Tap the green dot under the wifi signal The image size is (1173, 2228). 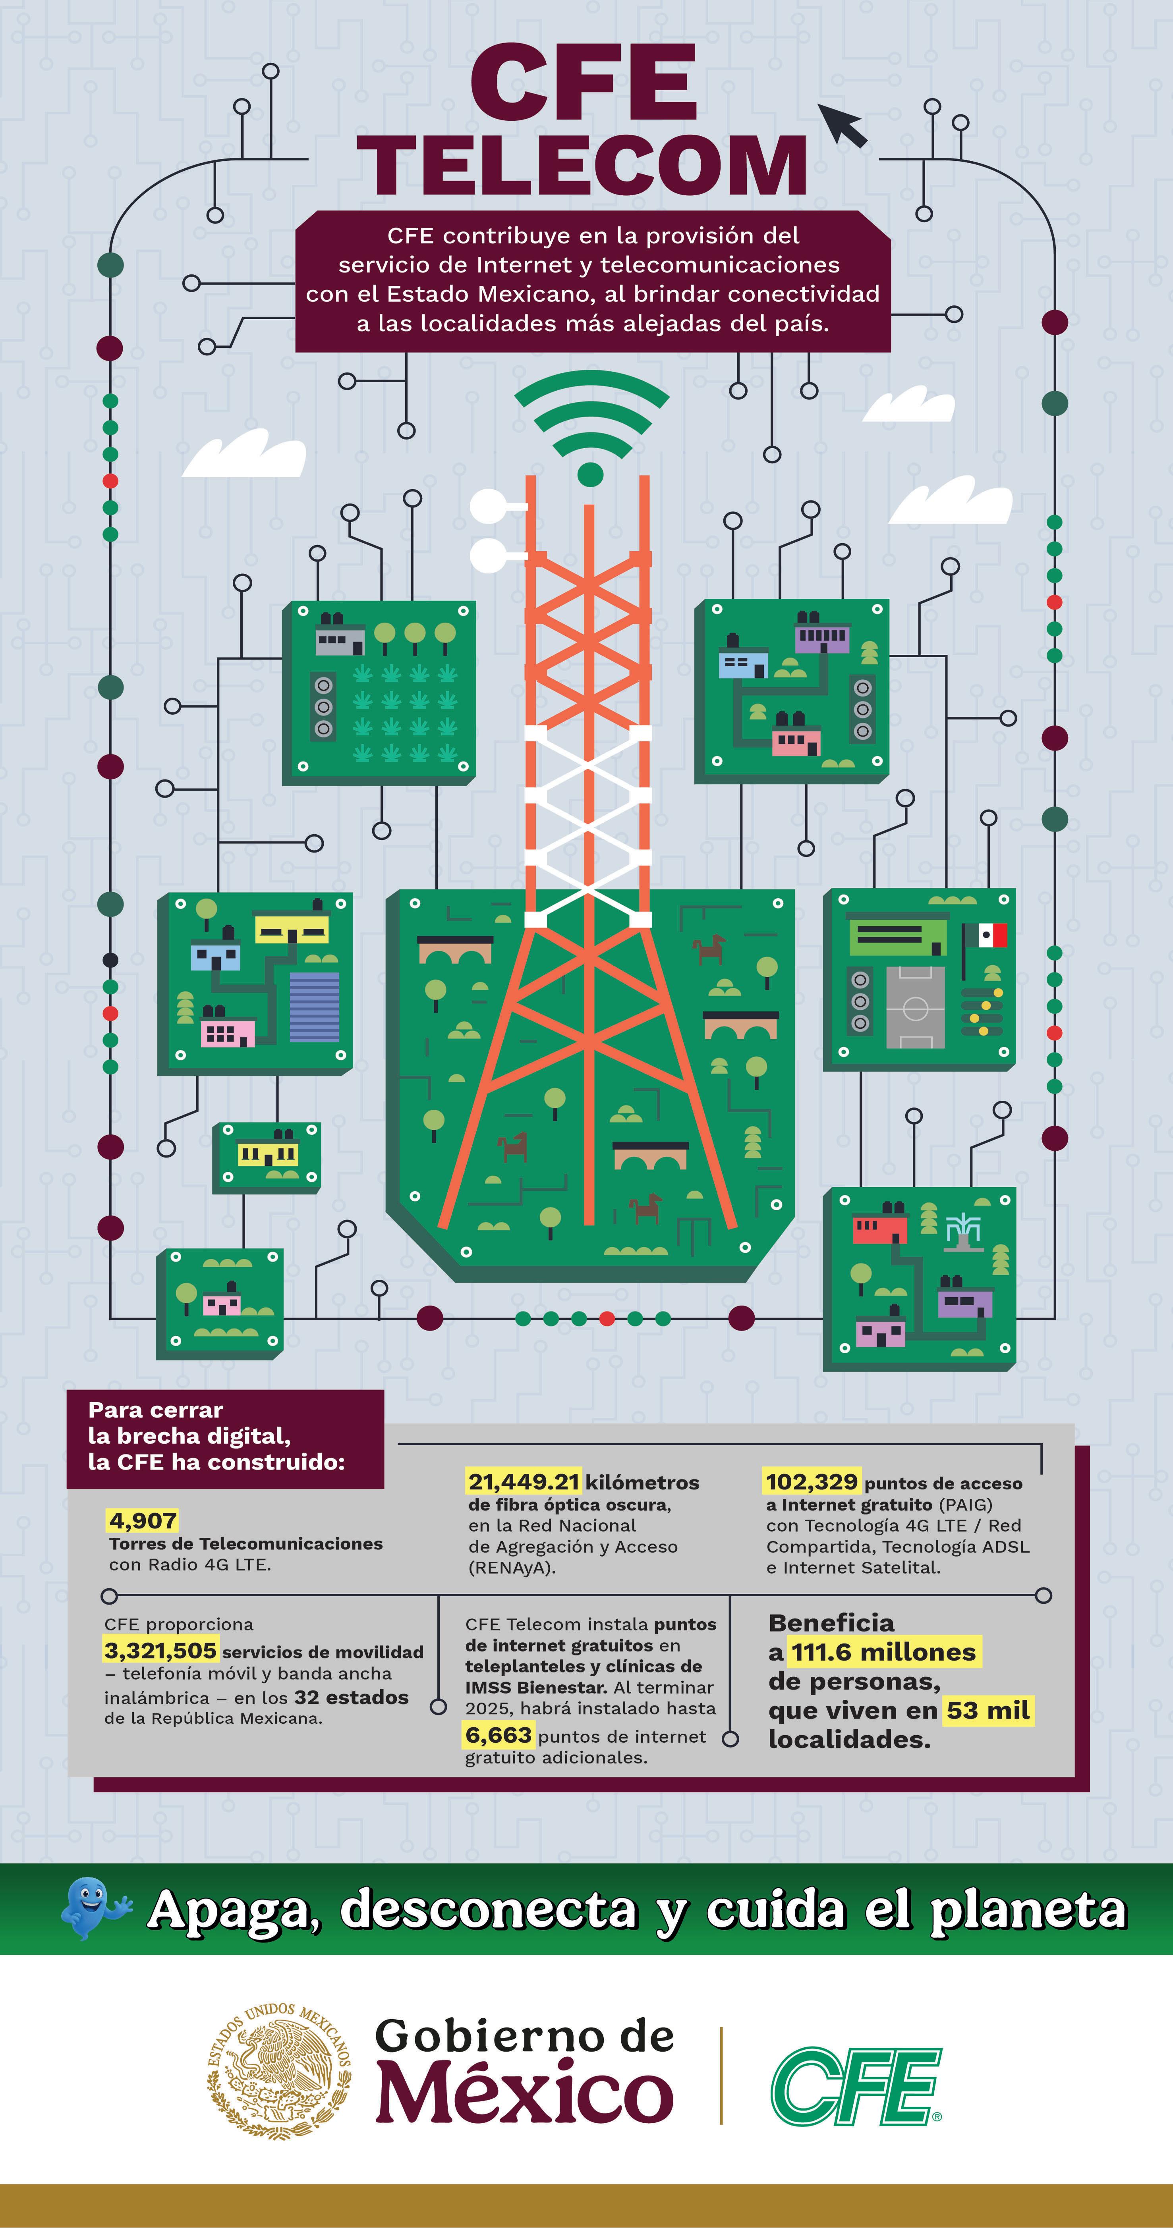pos(590,474)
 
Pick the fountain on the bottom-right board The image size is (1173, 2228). pos(963,1231)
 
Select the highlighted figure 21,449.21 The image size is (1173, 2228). pos(524,1481)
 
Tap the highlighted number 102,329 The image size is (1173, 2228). pos(811,1481)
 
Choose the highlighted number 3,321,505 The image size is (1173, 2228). pos(160,1650)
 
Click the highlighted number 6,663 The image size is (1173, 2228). pos(498,1735)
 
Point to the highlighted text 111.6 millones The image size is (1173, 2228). pos(883,1652)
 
